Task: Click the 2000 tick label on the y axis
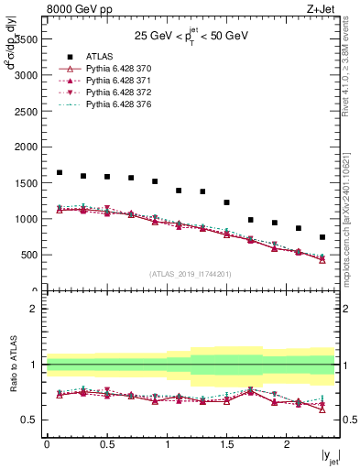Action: [x=27, y=147]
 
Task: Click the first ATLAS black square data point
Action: [x=60, y=172]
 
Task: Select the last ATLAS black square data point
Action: [x=322, y=237]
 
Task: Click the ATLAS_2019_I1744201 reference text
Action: [x=191, y=274]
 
